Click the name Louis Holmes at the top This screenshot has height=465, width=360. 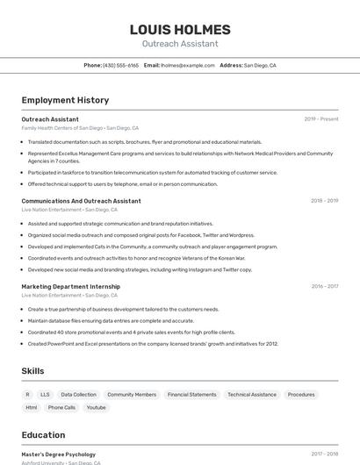(179, 29)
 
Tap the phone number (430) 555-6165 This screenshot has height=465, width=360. (120, 65)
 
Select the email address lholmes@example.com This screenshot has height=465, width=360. (187, 65)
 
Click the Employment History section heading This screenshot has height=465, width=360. (65, 100)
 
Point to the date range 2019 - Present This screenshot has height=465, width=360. (320, 118)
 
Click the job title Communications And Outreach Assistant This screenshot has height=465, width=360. (81, 201)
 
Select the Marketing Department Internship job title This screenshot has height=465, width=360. (70, 286)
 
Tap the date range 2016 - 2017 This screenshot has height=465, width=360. (324, 286)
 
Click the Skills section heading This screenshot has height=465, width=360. (32, 371)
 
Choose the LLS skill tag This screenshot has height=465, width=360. (45, 395)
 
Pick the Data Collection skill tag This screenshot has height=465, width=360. (79, 395)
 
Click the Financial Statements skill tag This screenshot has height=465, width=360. (191, 395)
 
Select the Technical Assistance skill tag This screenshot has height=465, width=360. (252, 395)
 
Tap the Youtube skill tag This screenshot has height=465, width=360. (96, 407)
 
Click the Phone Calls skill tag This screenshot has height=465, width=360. (61, 407)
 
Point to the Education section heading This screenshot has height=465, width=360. (43, 435)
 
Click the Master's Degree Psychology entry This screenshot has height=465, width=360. (58, 454)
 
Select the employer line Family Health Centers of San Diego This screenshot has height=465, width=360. (61, 128)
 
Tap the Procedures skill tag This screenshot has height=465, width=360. (301, 395)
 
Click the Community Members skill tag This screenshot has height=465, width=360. (132, 395)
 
